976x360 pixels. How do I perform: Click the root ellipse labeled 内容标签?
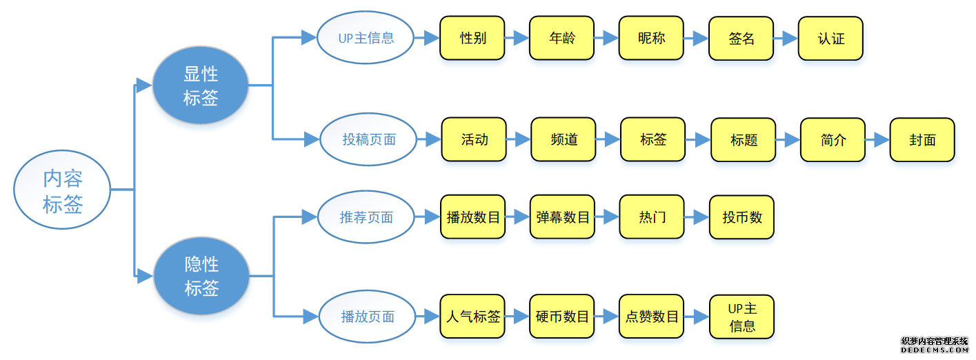pyautogui.click(x=63, y=190)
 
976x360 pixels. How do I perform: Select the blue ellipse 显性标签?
pyautogui.click(x=201, y=86)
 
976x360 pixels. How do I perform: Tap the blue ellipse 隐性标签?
pyautogui.click(x=201, y=276)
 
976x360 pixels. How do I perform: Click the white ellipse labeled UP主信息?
pyautogui.click(x=366, y=38)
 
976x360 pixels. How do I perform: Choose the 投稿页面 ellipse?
pyautogui.click(x=369, y=139)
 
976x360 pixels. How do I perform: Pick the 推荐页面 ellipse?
pyautogui.click(x=366, y=217)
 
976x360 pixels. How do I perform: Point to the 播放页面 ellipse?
pyautogui.click(x=368, y=317)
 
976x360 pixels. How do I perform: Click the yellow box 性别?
pyautogui.click(x=472, y=38)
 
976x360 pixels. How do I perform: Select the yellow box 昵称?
pyautogui.click(x=652, y=38)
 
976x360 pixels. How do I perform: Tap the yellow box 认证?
pyautogui.click(x=830, y=39)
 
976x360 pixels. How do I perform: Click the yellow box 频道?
pyautogui.click(x=564, y=139)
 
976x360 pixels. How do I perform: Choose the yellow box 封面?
pyautogui.click(x=922, y=140)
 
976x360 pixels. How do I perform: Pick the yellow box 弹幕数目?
pyautogui.click(x=562, y=217)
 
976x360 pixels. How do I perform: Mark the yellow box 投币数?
pyautogui.click(x=741, y=217)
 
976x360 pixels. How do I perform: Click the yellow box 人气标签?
pyautogui.click(x=472, y=317)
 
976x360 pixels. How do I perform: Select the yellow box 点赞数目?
pyautogui.click(x=652, y=317)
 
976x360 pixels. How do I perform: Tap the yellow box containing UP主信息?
pyautogui.click(x=741, y=317)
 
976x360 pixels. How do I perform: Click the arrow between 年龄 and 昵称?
pyautogui.click(x=606, y=38)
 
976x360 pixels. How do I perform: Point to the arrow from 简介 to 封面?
pyautogui.click(x=877, y=140)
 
